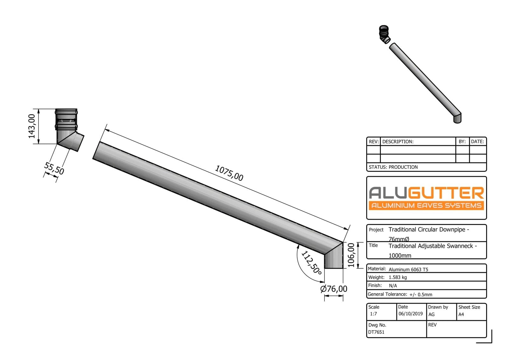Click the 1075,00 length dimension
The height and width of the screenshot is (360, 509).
[229, 173]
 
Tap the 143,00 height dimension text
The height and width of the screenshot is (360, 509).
[32, 126]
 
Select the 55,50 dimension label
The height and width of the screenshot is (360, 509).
[54, 168]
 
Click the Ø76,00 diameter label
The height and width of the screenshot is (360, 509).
[334, 289]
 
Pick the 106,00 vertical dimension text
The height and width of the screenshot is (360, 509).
[351, 255]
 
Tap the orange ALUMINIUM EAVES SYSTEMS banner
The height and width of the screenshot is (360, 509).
[426, 205]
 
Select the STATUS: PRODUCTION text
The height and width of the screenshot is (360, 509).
[393, 167]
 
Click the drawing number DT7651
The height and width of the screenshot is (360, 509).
[376, 332]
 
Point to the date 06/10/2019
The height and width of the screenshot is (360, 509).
[410, 314]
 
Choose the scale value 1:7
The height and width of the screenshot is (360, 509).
[373, 314]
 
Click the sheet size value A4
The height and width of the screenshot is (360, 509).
[461, 314]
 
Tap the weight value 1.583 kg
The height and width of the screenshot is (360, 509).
[398, 277]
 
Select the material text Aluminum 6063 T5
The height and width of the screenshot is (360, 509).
[408, 269]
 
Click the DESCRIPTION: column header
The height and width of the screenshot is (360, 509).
[398, 142]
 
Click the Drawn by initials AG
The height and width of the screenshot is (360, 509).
[431, 314]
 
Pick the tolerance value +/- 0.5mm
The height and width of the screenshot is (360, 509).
[421, 294]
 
